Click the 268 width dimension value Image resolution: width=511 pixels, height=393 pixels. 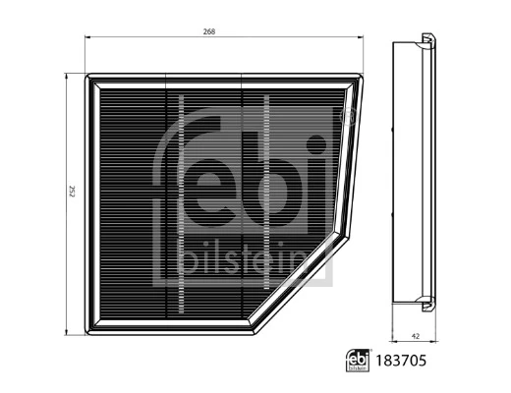coord(209,32)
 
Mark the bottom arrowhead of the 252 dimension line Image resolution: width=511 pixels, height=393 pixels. coord(67,329)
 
